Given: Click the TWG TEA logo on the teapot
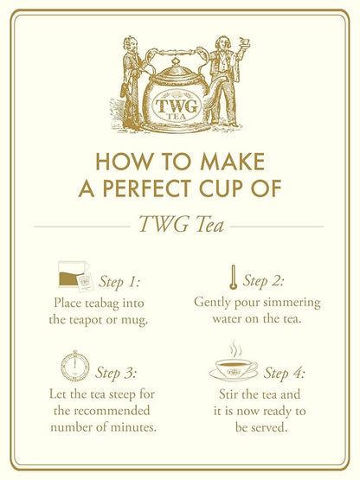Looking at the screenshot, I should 177,106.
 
